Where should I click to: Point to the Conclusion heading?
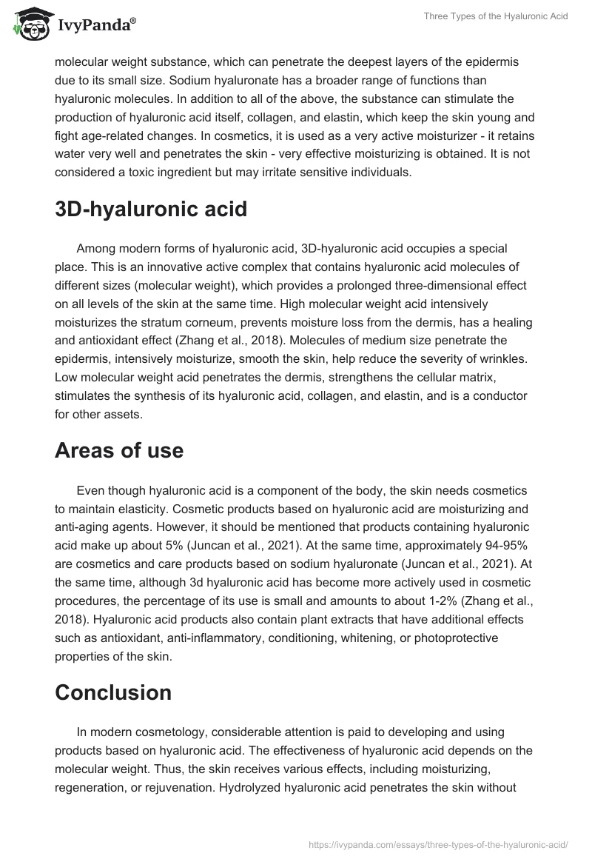tap(113, 692)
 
